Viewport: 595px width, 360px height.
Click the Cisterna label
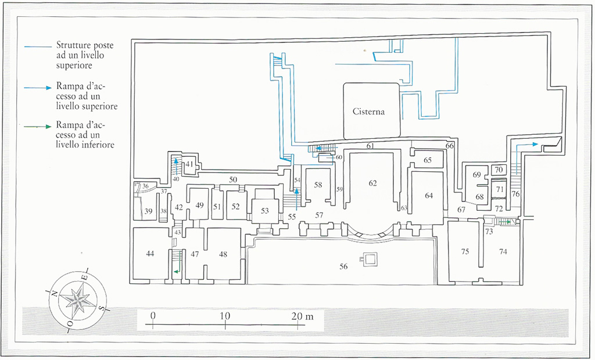[368, 111]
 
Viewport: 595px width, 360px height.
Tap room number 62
[372, 183]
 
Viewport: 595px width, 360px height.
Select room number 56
[344, 266]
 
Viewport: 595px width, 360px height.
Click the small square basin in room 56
[368, 260]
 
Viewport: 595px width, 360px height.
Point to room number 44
[150, 254]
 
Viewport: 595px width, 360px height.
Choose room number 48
[223, 254]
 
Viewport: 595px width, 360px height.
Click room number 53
[265, 211]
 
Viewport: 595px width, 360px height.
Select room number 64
[429, 196]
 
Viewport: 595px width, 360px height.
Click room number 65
[427, 160]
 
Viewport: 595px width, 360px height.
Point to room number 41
[189, 164]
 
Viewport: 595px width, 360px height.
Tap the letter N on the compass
[53, 293]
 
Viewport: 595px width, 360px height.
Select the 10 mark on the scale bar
[225, 316]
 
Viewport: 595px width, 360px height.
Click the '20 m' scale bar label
[302, 316]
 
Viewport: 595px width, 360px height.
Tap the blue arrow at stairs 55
[296, 197]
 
